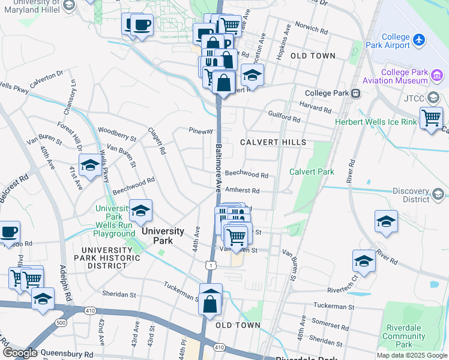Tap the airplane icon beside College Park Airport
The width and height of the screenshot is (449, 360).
click(419, 40)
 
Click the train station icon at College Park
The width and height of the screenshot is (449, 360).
click(355, 93)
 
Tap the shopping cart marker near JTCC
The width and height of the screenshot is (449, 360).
click(431, 118)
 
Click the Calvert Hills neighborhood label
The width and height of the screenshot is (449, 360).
click(273, 142)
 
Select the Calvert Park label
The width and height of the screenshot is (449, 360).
click(312, 172)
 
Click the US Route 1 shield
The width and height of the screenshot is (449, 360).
click(208, 264)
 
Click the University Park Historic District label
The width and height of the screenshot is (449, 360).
click(110, 258)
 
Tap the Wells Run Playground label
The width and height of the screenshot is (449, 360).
click(113, 226)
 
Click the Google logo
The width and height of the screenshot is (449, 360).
click(20, 353)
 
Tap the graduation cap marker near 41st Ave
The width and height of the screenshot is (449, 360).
click(90, 165)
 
